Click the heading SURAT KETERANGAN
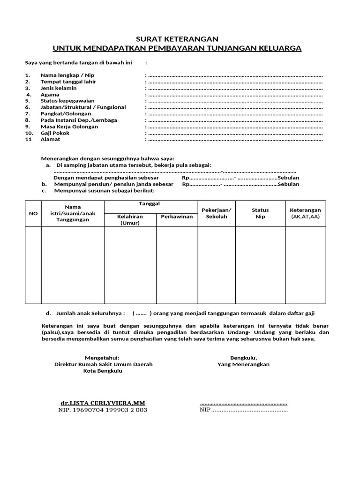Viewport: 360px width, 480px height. [177, 39]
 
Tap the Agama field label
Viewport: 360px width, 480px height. [50, 94]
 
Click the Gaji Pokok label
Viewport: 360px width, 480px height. [55, 133]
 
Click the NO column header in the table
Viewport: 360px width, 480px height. [33, 213]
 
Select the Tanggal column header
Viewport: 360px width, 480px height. [150, 204]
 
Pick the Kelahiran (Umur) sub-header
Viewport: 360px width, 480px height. [130, 220]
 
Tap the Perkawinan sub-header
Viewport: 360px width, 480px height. [176, 217]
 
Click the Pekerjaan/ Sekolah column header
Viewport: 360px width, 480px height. [216, 213]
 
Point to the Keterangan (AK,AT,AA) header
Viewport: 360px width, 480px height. [305, 213]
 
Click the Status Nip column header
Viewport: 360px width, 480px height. [260, 213]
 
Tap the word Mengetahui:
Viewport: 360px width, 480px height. [102, 357]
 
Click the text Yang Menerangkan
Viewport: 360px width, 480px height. [243, 364]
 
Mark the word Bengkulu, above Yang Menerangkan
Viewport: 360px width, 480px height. [243, 357]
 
